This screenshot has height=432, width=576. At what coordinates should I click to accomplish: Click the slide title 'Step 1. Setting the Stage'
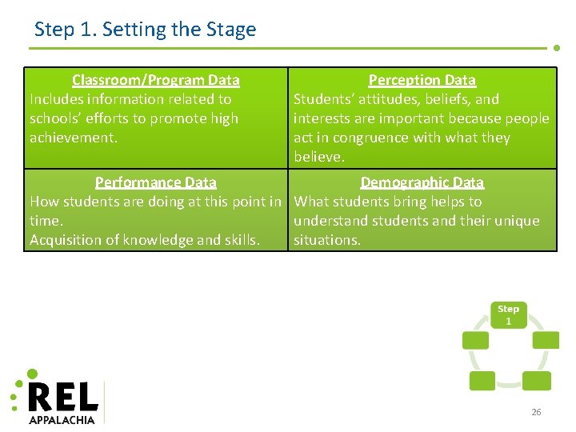[x=145, y=30]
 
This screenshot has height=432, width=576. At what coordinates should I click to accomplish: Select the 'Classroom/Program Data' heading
[x=155, y=80]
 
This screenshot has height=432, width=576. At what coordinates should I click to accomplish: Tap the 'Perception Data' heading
[x=422, y=80]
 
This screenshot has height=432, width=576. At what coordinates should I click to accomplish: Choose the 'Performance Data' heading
[x=155, y=182]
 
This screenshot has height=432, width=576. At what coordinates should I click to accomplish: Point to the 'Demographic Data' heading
[x=422, y=182]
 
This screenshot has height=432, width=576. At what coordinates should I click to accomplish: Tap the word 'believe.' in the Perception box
[x=318, y=157]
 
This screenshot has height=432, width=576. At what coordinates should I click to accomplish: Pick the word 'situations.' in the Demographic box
[x=327, y=240]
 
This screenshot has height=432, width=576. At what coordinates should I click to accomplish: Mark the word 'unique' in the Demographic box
[x=518, y=221]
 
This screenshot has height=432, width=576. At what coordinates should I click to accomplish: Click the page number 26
[x=536, y=412]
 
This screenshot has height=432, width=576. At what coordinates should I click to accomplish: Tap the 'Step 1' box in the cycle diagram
[x=508, y=314]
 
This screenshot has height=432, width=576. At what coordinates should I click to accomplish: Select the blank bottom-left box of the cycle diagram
[x=482, y=381]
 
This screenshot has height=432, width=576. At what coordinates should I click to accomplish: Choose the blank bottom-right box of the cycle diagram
[x=535, y=381]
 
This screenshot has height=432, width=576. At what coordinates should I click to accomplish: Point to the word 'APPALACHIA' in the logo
[x=62, y=419]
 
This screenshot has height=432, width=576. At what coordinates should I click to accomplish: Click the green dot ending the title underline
[x=557, y=47]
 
